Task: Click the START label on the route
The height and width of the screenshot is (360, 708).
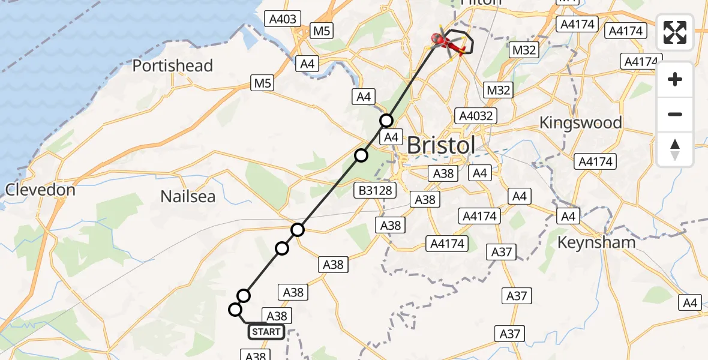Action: point(266,331)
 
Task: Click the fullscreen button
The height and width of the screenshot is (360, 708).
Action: point(675,32)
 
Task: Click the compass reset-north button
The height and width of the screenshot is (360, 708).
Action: point(675,149)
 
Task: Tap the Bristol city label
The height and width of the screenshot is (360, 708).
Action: point(441,145)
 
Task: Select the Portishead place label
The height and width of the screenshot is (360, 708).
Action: point(173,65)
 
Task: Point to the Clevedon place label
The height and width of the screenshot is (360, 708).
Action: point(40,190)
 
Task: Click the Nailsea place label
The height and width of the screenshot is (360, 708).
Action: point(188,196)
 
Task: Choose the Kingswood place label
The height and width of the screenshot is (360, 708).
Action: point(580,123)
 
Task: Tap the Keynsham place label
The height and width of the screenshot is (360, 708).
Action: point(596,242)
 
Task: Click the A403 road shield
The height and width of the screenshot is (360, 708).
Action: point(283,19)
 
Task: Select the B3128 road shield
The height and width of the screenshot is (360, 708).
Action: point(376,191)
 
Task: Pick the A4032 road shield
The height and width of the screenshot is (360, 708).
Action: point(475,116)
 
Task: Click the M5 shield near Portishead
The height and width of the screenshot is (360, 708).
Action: point(262,84)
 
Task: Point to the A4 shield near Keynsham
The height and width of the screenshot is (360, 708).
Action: point(568,217)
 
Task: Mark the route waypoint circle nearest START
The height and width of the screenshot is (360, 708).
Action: point(235,310)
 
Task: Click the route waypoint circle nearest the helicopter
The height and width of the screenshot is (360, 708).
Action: point(386,121)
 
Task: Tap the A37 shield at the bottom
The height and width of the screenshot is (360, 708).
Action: point(510,334)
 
